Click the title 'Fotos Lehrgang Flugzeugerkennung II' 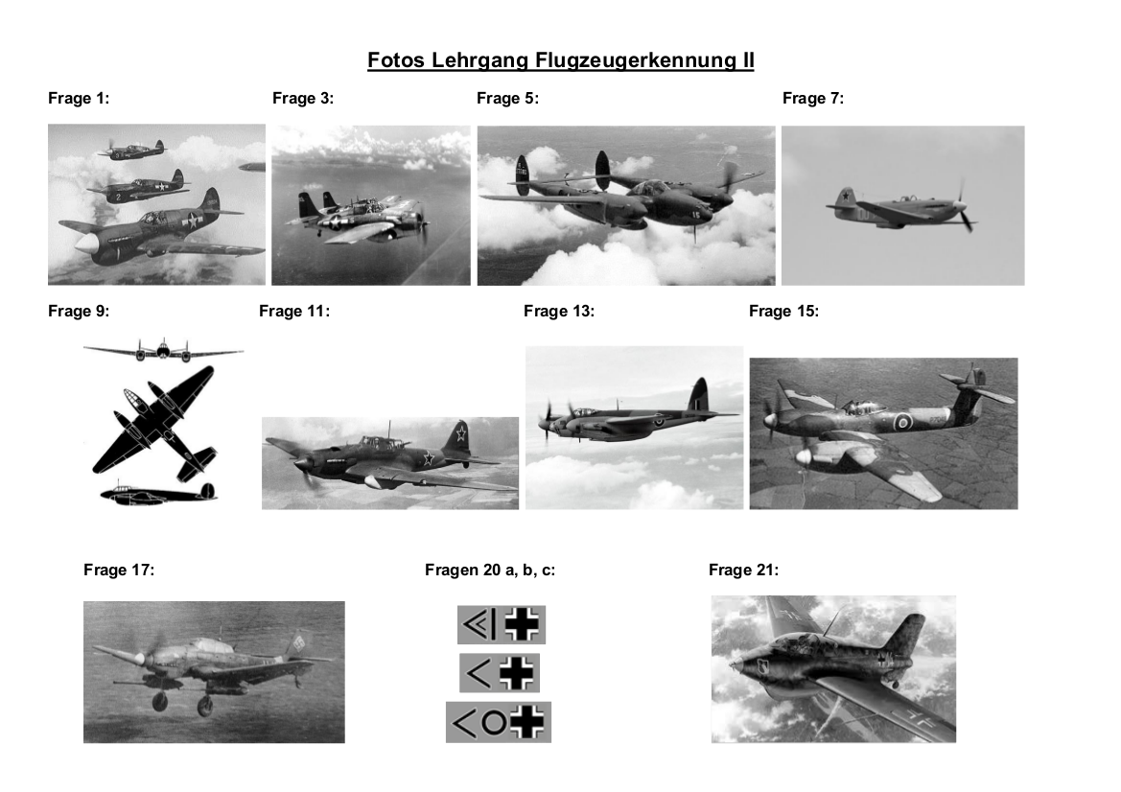[x=560, y=60]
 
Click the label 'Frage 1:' [x=79, y=99]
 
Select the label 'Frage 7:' [x=813, y=99]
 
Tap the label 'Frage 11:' [x=294, y=312]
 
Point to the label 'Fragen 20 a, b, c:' [x=490, y=571]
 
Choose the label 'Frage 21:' [x=743, y=571]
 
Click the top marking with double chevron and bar [x=502, y=625]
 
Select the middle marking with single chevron [x=499, y=673]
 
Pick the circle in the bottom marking [x=493, y=722]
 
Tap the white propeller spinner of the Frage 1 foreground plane [x=84, y=245]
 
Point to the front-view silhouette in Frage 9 [x=163, y=350]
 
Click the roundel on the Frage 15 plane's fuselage [x=903, y=422]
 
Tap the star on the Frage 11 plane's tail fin [x=461, y=431]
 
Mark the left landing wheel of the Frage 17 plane [x=159, y=702]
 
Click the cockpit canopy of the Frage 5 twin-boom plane [x=648, y=187]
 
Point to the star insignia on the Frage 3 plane [x=335, y=222]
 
